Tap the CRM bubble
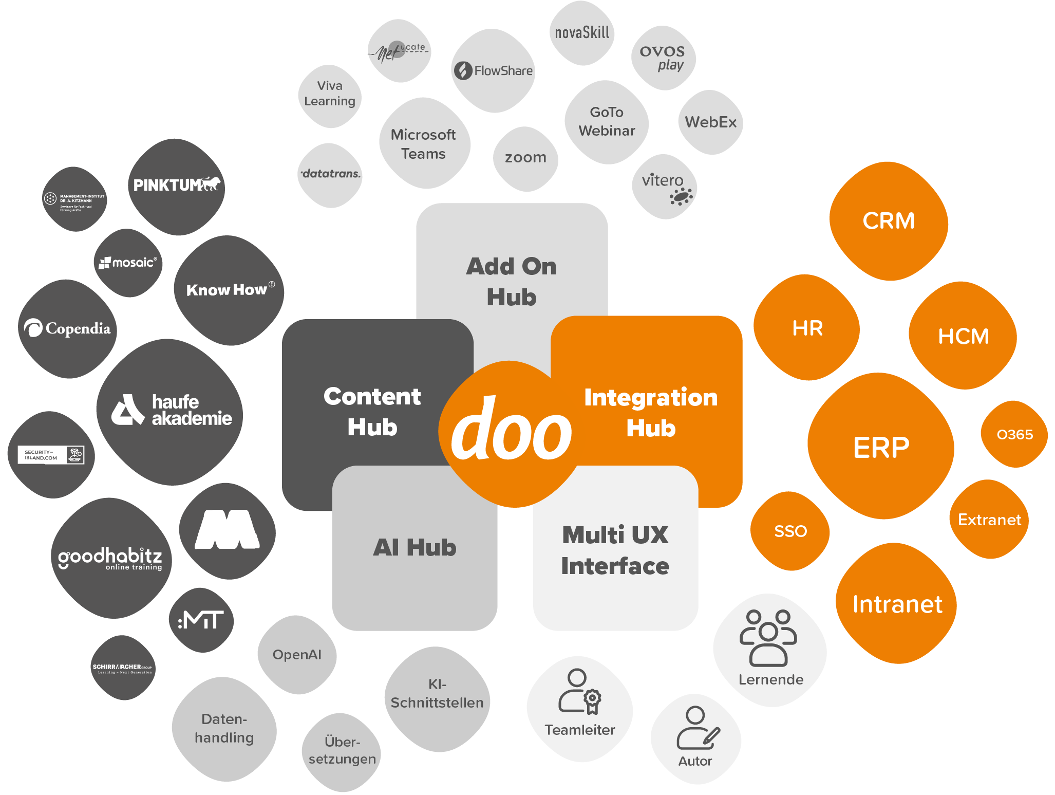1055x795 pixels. pyautogui.click(x=889, y=221)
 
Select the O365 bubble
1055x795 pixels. pyautogui.click(x=1014, y=435)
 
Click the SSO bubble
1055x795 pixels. pyautogui.click(x=790, y=531)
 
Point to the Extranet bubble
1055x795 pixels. pyautogui.click(x=989, y=520)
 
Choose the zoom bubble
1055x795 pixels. pyautogui.click(x=525, y=158)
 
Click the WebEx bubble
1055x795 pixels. pyautogui.click(x=710, y=122)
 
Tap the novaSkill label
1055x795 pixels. pyautogui.click(x=582, y=33)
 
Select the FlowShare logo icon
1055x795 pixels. pyautogui.click(x=463, y=70)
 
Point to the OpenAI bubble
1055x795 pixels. pyautogui.click(x=297, y=655)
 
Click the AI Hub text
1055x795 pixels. pyautogui.click(x=415, y=547)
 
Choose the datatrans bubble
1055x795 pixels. pyautogui.click(x=331, y=174)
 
